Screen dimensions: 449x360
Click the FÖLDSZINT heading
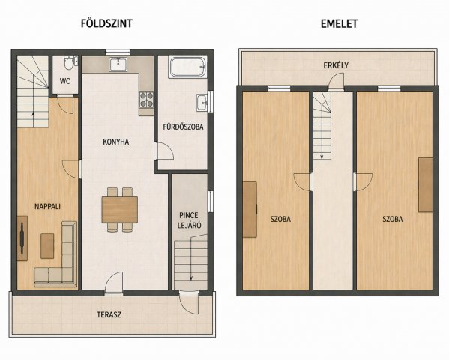pos(106,23)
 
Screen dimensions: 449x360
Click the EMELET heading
pos(339,23)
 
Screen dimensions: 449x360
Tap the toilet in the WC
pos(68,63)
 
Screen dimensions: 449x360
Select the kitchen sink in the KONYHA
pos(118,64)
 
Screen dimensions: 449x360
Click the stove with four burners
pos(146,100)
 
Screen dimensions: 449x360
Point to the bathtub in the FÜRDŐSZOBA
pos(188,67)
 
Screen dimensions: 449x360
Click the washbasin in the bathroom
pos(202,102)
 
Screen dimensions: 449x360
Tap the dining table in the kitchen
pos(120,210)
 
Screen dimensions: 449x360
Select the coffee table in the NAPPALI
pos(47,246)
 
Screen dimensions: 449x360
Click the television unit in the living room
pos(22,238)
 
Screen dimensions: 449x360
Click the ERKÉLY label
pos(336,65)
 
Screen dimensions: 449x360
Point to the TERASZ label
pos(109,315)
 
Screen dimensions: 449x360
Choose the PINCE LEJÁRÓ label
pos(189,220)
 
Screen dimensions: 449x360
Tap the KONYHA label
pos(116,142)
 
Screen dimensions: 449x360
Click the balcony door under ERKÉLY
pos(336,82)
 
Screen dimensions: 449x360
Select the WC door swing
pos(65,104)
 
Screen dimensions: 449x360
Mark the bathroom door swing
pos(164,151)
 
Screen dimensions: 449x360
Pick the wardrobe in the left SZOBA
pos(250,209)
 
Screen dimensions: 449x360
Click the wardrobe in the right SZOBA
pos(426,184)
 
